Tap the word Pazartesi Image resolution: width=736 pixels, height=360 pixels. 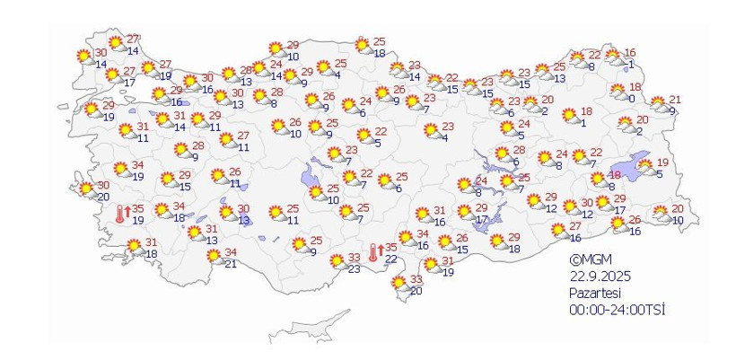coord(594,293)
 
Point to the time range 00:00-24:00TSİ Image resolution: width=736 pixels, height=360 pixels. coord(618,309)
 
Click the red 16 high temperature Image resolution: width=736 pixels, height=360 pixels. coord(630,53)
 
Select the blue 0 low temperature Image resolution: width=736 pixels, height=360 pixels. coord(632,99)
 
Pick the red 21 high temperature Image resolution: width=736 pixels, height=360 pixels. coord(676,100)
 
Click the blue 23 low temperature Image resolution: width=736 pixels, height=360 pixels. coord(355,269)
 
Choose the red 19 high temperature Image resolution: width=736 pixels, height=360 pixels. coord(663,162)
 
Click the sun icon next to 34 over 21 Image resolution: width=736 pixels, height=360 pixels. coord(214,258)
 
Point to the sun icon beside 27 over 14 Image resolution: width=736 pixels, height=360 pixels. coord(115,43)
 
